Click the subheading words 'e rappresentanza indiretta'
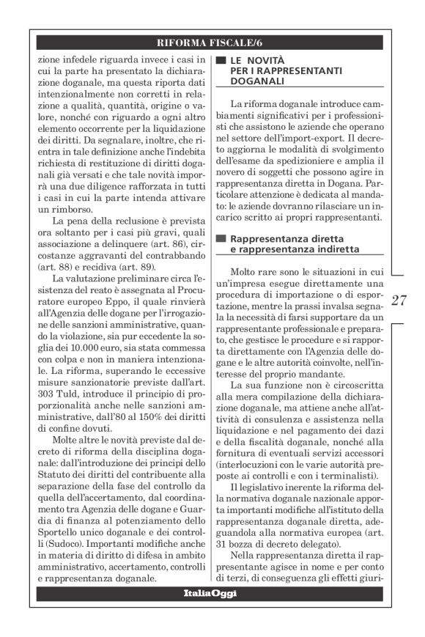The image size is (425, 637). click(282, 251)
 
